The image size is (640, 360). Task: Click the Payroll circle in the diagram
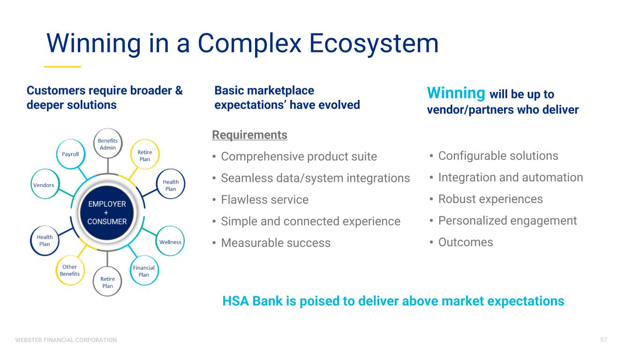point(70,154)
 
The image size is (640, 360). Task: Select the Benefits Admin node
point(108,144)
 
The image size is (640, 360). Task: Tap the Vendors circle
point(44,185)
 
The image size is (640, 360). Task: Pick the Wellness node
point(170,242)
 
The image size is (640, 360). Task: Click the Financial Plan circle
point(144,271)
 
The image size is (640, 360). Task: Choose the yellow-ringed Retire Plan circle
point(144,156)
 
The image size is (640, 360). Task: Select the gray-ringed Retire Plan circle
point(107,282)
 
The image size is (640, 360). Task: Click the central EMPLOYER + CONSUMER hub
point(107,213)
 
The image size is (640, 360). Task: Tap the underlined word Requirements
point(249,135)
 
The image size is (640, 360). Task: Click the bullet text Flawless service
point(264,200)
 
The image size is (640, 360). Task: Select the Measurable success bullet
point(276,243)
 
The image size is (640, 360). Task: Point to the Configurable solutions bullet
point(498,156)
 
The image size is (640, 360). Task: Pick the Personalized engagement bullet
point(507,220)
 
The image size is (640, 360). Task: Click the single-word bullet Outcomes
point(466,242)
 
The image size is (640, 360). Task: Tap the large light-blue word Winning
point(456,93)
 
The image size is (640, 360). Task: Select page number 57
point(603,339)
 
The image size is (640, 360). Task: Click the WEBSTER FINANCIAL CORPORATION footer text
point(66,340)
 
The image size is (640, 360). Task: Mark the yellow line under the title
point(62,67)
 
